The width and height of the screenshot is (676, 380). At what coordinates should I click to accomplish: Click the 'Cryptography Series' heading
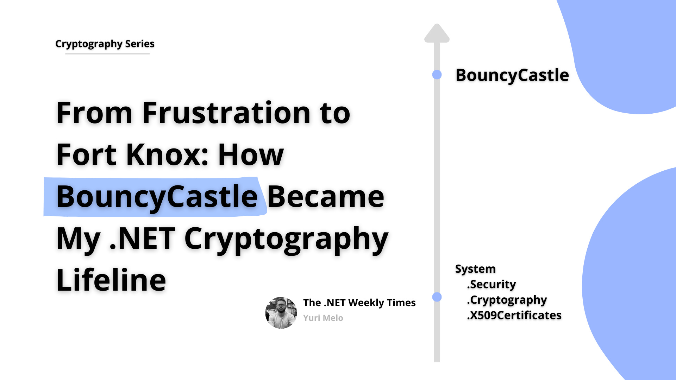[x=105, y=44]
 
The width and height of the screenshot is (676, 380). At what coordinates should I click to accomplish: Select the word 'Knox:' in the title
[x=167, y=155]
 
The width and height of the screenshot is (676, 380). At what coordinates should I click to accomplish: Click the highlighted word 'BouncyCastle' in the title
[x=157, y=197]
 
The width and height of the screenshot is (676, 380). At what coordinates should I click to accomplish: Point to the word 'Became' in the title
[x=326, y=197]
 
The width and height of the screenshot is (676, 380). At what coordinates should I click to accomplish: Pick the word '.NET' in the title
[x=142, y=239]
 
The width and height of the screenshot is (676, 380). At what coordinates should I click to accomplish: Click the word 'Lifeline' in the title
[x=111, y=280]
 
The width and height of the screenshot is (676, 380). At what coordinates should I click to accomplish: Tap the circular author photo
[x=281, y=313]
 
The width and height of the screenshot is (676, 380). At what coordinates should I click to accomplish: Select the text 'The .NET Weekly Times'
[x=359, y=303]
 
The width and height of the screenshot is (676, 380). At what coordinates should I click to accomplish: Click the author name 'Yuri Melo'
[x=323, y=318]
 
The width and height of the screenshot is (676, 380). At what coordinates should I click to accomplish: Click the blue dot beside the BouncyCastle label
[x=437, y=75]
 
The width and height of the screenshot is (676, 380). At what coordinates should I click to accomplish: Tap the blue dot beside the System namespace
[x=437, y=297]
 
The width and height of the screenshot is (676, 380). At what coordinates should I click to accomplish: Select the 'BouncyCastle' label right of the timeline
[x=512, y=75]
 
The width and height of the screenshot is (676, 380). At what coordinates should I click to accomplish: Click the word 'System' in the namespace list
[x=475, y=269]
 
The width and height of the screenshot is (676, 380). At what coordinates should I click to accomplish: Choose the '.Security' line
[x=492, y=284]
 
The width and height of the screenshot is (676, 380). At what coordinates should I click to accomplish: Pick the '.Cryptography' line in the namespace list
[x=507, y=300]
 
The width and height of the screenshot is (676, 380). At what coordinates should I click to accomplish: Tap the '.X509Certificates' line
[x=514, y=315]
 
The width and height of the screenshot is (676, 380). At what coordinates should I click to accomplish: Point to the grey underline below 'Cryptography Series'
[x=107, y=54]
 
